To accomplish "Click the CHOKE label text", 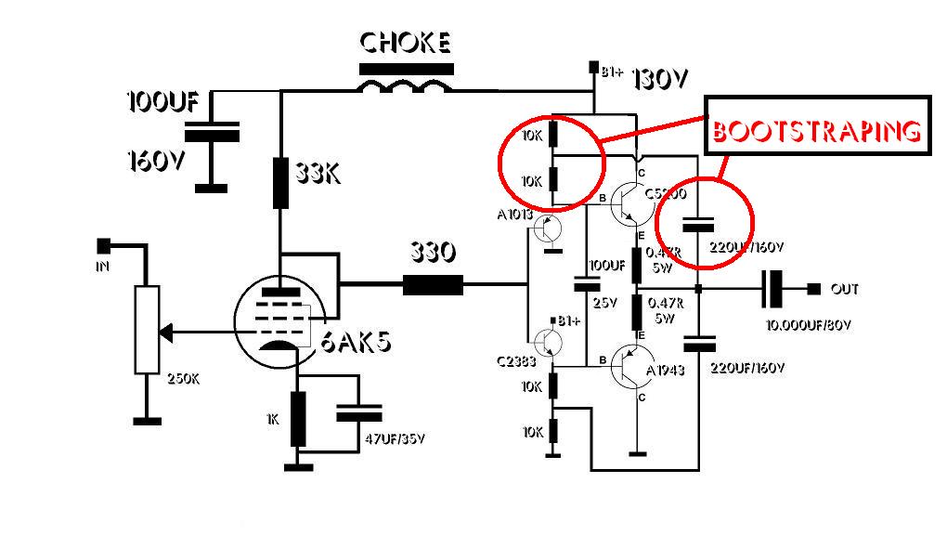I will pyautogui.click(x=406, y=43).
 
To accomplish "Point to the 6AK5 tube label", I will pyautogui.click(x=357, y=343).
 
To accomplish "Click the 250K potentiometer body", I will pyautogui.click(x=145, y=330).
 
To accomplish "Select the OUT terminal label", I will pyautogui.click(x=845, y=290).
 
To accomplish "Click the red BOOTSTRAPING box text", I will pyautogui.click(x=817, y=132).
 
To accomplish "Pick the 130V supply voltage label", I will pyautogui.click(x=660, y=80).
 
